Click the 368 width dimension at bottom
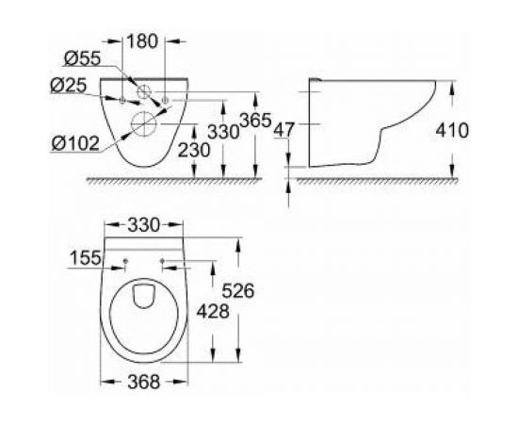click(141, 382)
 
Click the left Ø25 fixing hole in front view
click(122, 98)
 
